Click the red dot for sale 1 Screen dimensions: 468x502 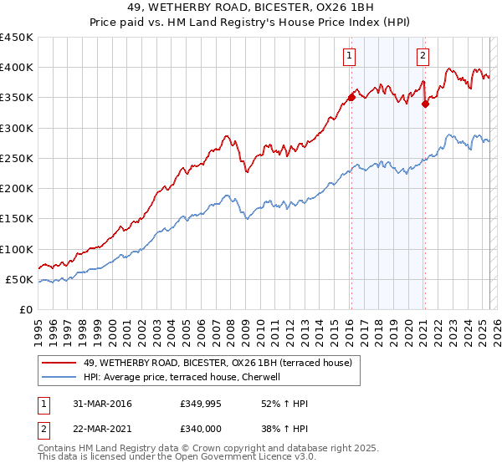tap(351, 98)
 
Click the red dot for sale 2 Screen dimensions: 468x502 tap(425, 104)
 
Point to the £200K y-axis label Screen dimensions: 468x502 tap(17, 188)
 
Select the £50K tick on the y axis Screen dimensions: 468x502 tap(20, 279)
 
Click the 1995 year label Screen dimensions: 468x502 tap(39, 328)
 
